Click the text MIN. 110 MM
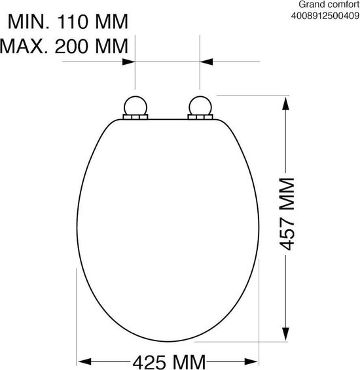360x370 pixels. [68, 22]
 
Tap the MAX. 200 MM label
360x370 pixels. [64, 46]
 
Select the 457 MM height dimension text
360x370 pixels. [287, 213]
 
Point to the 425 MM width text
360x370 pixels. [169, 362]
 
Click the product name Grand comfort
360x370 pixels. [329, 4]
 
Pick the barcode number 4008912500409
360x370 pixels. [325, 16]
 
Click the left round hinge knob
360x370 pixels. [135, 105]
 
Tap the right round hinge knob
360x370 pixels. [200, 105]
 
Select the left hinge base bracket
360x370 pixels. [135, 117]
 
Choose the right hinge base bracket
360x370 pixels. [200, 117]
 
